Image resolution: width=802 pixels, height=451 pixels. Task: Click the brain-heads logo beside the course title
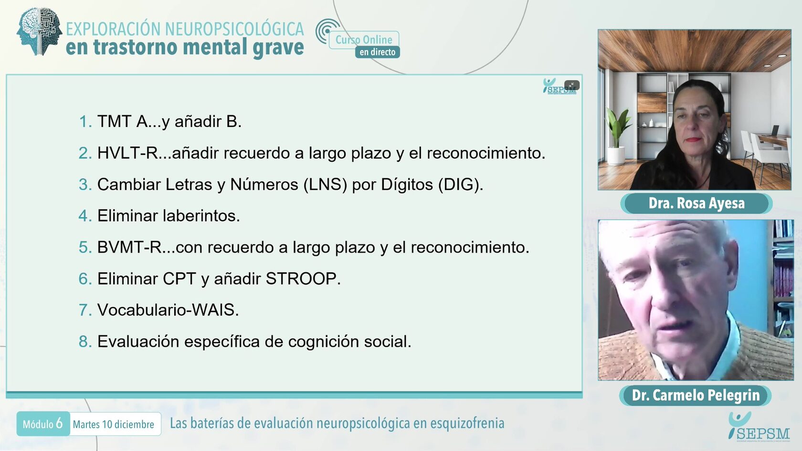[x=39, y=31]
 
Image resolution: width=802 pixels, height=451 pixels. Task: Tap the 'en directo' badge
[x=377, y=52]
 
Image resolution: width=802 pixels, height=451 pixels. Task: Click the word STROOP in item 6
[x=303, y=279]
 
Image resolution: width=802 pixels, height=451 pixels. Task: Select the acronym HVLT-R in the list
[x=127, y=153]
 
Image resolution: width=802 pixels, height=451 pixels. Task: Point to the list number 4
[x=85, y=216]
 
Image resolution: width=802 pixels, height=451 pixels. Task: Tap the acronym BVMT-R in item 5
[x=129, y=247]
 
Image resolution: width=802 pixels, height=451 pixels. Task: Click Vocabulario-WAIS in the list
[x=168, y=310]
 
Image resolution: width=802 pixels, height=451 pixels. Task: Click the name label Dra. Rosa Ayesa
[x=696, y=203]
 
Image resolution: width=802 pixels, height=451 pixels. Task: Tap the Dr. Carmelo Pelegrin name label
[x=695, y=396]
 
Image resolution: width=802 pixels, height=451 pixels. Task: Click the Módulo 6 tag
[x=43, y=424]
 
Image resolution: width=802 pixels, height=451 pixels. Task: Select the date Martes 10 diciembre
[x=114, y=424]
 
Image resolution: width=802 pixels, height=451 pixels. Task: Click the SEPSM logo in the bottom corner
[x=759, y=426]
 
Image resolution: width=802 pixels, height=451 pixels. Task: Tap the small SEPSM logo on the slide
[x=559, y=86]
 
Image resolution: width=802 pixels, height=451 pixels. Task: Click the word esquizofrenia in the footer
[x=467, y=423]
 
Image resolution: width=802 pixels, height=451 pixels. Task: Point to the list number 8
[x=85, y=342]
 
